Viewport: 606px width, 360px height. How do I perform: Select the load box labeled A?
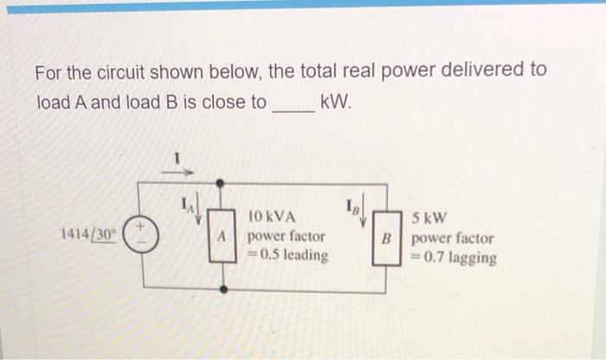pyautogui.click(x=222, y=235)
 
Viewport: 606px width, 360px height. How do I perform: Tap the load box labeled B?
pyautogui.click(x=389, y=235)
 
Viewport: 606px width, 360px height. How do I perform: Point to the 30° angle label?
pyautogui.click(x=106, y=235)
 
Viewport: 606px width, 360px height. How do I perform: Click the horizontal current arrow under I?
pyautogui.click(x=177, y=171)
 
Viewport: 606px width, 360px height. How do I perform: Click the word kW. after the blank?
pyautogui.click(x=338, y=102)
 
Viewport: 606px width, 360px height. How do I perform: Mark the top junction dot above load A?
pyautogui.click(x=222, y=183)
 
